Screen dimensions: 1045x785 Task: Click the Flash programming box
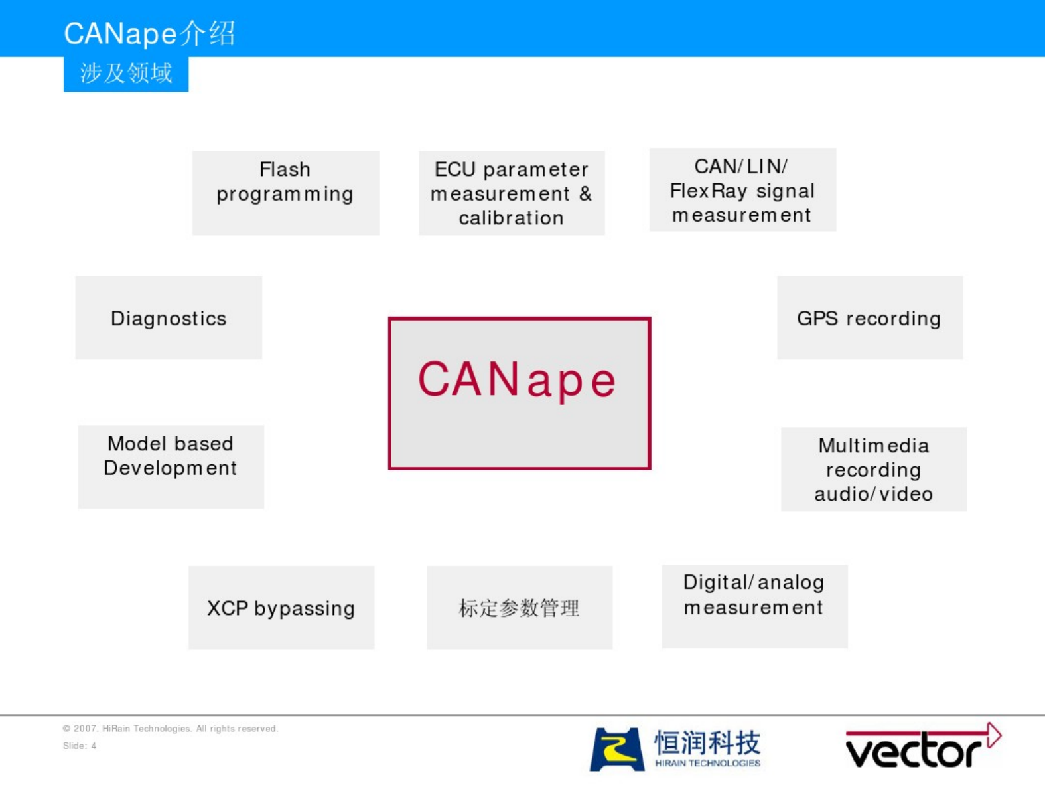tap(286, 193)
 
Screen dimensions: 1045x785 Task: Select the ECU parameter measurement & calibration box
tap(512, 193)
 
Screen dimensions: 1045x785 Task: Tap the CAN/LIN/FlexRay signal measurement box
tap(742, 189)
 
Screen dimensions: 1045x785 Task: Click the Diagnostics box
tap(169, 317)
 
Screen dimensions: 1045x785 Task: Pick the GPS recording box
tap(871, 317)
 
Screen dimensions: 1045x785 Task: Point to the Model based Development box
tap(171, 467)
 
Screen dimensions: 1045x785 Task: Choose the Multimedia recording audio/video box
tap(874, 469)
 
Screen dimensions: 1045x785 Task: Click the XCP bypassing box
tap(281, 607)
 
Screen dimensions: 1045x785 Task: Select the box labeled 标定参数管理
tap(520, 607)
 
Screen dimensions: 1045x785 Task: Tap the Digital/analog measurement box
tap(754, 606)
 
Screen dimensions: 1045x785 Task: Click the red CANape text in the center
tap(517, 380)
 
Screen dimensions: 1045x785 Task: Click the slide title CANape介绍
tap(149, 33)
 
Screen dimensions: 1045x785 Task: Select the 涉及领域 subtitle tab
tap(126, 74)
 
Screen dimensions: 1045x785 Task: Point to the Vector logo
tap(924, 746)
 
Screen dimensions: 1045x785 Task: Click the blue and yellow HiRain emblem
tap(617, 749)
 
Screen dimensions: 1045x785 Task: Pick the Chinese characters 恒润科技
tap(707, 742)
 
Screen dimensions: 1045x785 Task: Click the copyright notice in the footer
tap(171, 729)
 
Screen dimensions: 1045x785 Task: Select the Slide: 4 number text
tap(80, 746)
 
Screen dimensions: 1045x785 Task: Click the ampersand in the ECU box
tap(586, 193)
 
